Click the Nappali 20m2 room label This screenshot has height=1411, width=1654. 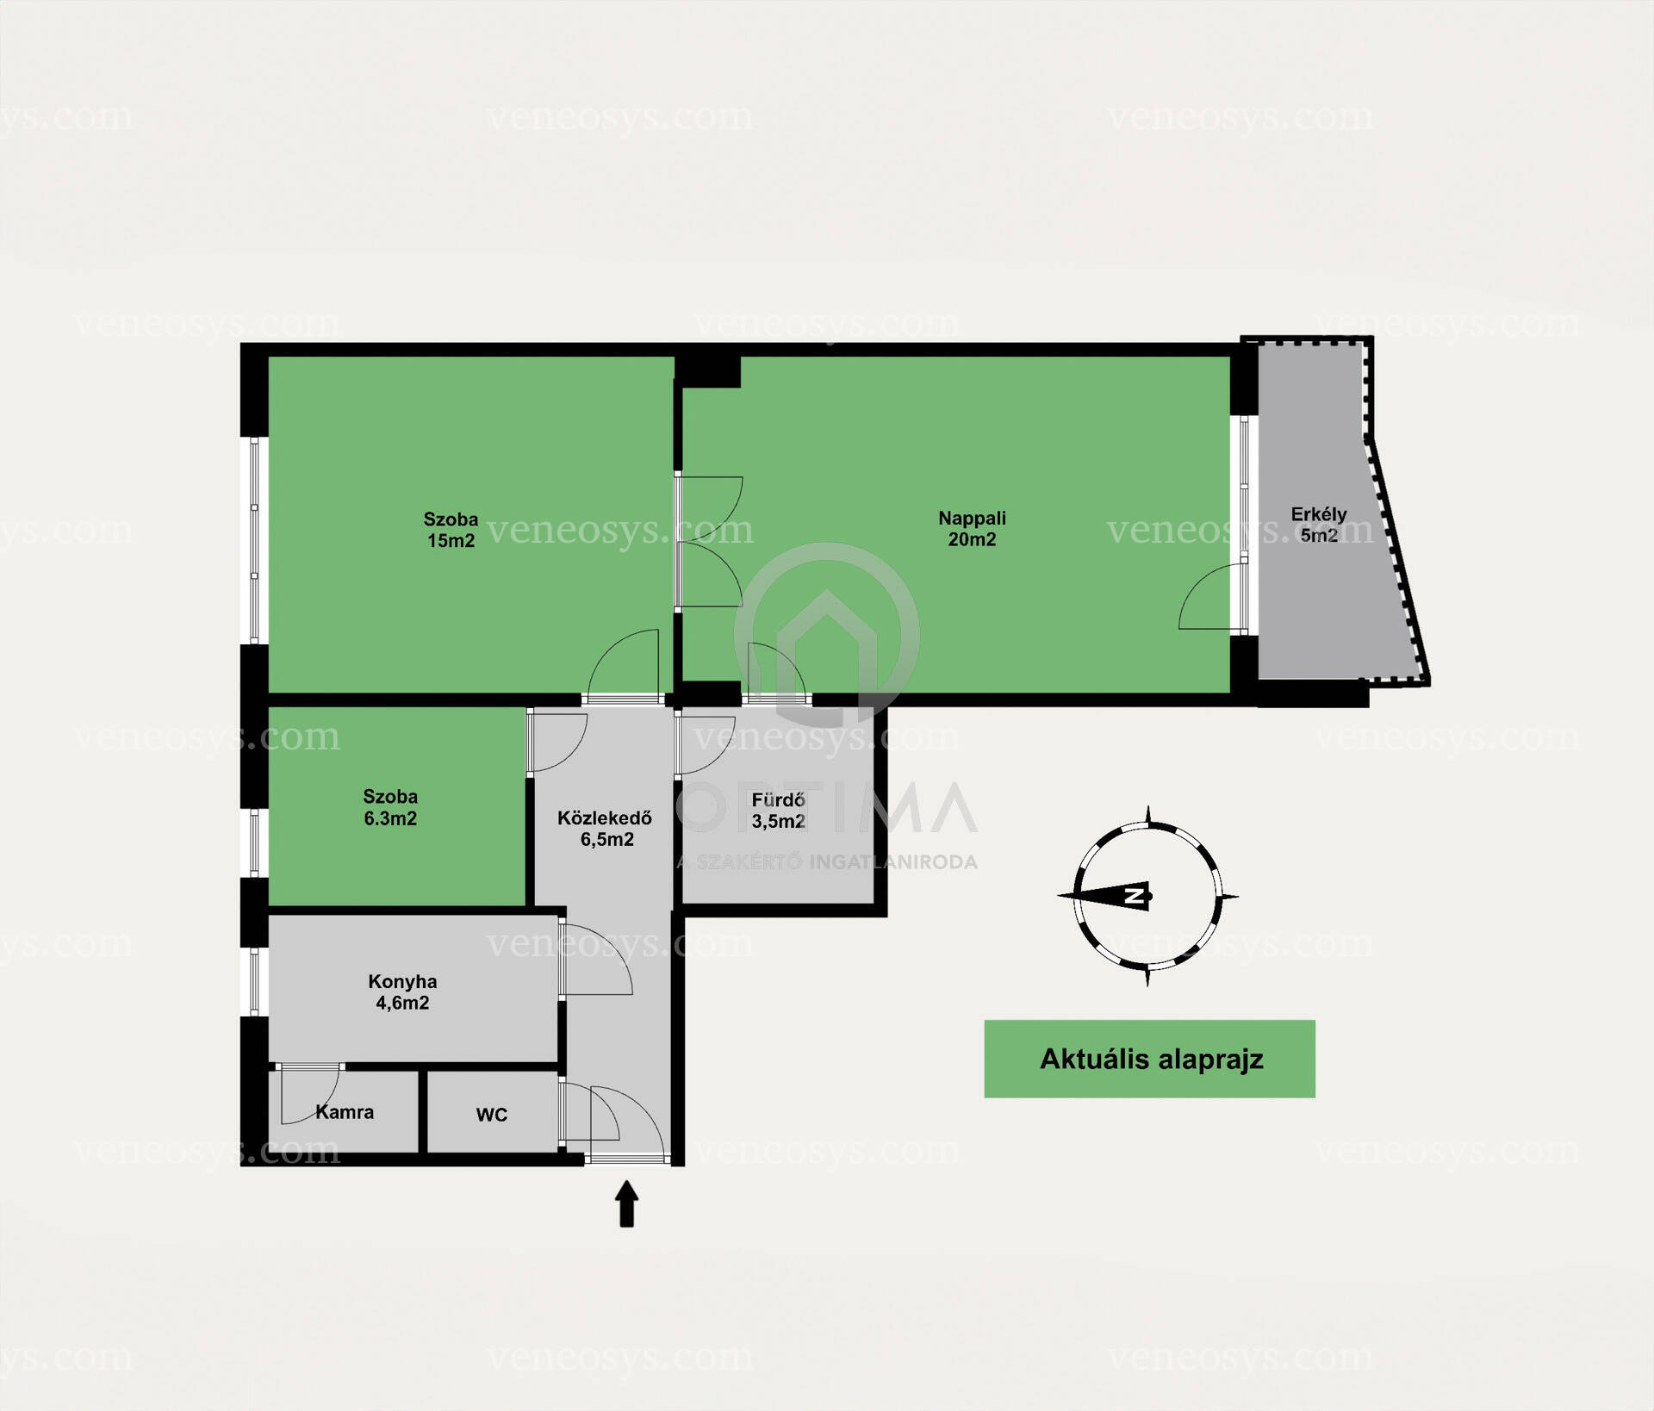[972, 529]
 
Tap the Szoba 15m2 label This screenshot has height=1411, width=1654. [451, 530]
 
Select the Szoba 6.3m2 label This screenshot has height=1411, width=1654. [390, 807]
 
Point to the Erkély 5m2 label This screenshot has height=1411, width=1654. [1319, 525]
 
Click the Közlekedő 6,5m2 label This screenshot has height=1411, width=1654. [605, 829]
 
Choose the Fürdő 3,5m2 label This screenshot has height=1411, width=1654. [779, 811]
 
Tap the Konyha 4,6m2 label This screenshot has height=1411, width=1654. [402, 991]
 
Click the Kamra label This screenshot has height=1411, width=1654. [345, 1112]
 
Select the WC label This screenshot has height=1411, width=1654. [492, 1115]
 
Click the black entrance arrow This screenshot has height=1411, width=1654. [626, 1203]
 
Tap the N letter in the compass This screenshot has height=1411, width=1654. [1136, 896]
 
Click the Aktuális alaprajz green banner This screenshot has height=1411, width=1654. [1149, 1059]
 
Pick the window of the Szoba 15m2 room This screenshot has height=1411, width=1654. [255, 540]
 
